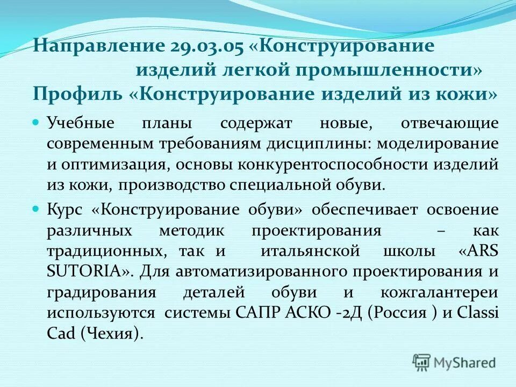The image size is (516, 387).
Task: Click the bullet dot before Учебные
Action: [37, 123]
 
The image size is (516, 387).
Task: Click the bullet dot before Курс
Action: [37, 207]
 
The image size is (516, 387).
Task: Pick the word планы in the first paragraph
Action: [167, 123]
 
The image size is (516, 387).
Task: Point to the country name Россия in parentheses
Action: [399, 313]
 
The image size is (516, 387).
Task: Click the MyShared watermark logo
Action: [454, 362]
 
